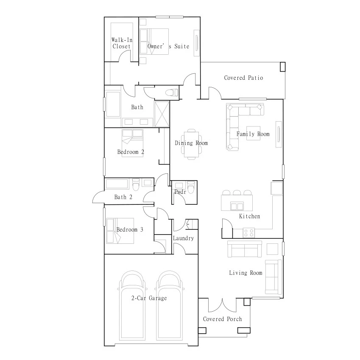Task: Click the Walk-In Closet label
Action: (122, 43)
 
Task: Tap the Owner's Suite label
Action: (168, 46)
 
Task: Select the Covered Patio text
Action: (243, 78)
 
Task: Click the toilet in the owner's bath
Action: (172, 93)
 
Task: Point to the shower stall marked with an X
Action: (162, 114)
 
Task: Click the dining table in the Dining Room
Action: (192, 144)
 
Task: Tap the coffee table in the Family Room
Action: (254, 133)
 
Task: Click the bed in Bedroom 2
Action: (132, 143)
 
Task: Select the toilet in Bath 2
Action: (136, 184)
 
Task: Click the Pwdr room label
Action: (180, 192)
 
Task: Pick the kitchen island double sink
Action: (237, 207)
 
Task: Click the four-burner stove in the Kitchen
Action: (249, 233)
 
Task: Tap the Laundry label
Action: (184, 238)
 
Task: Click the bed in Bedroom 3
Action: (120, 231)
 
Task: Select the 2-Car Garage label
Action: (149, 298)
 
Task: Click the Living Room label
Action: (246, 273)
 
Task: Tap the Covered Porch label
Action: (223, 319)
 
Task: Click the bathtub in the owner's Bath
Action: (113, 104)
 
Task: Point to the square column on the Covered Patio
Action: (283, 67)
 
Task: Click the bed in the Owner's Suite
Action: (154, 42)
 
